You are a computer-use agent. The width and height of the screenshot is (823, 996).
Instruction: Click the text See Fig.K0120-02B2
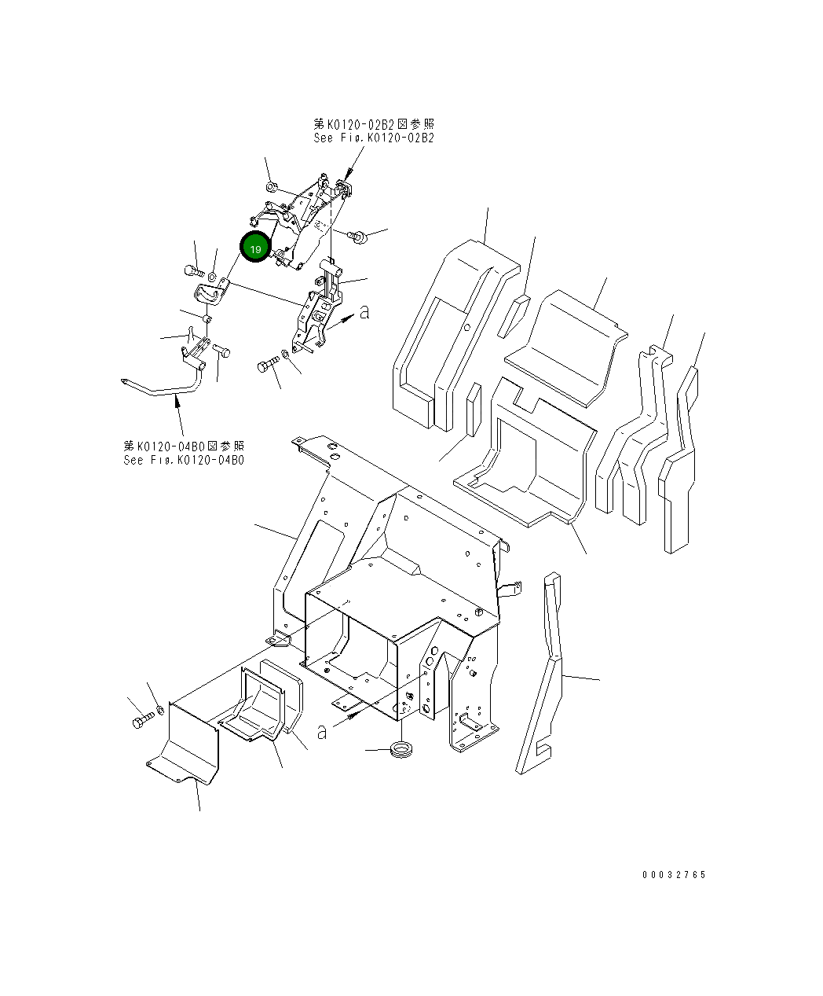coord(373,138)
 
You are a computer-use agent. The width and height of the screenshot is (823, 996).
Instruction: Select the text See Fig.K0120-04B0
coord(183,460)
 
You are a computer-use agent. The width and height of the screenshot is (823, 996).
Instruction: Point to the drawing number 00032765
coord(673,875)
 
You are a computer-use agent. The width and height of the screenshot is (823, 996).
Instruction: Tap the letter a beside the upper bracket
coord(364,312)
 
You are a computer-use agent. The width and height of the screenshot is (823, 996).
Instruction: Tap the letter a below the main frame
coord(322,731)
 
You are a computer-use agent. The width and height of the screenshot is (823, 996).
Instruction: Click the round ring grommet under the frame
coord(403,748)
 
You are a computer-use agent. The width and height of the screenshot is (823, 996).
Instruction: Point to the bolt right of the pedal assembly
coord(359,235)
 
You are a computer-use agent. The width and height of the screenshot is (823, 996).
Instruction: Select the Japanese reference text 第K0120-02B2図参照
coord(373,124)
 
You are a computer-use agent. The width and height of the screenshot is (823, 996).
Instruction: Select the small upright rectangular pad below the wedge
coord(473,409)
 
